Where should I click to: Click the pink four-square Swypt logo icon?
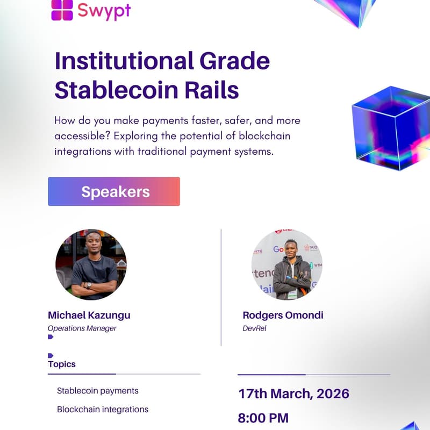coord(62,10)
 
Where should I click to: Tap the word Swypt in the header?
coord(104,10)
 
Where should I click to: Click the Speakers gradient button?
coord(114,191)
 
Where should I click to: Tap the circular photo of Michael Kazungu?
coord(91,265)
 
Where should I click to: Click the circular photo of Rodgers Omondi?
coord(287,264)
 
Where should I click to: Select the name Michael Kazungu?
coord(89,315)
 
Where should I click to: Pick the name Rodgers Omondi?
coord(283,315)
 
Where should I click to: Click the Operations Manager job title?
coord(82,328)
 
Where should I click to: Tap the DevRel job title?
coord(255,328)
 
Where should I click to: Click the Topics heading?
coord(62,364)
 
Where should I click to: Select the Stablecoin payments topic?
coord(98,391)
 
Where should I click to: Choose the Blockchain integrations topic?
coord(103,410)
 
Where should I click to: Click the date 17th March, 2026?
coord(293,393)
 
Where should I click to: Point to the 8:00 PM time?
coord(263,418)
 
